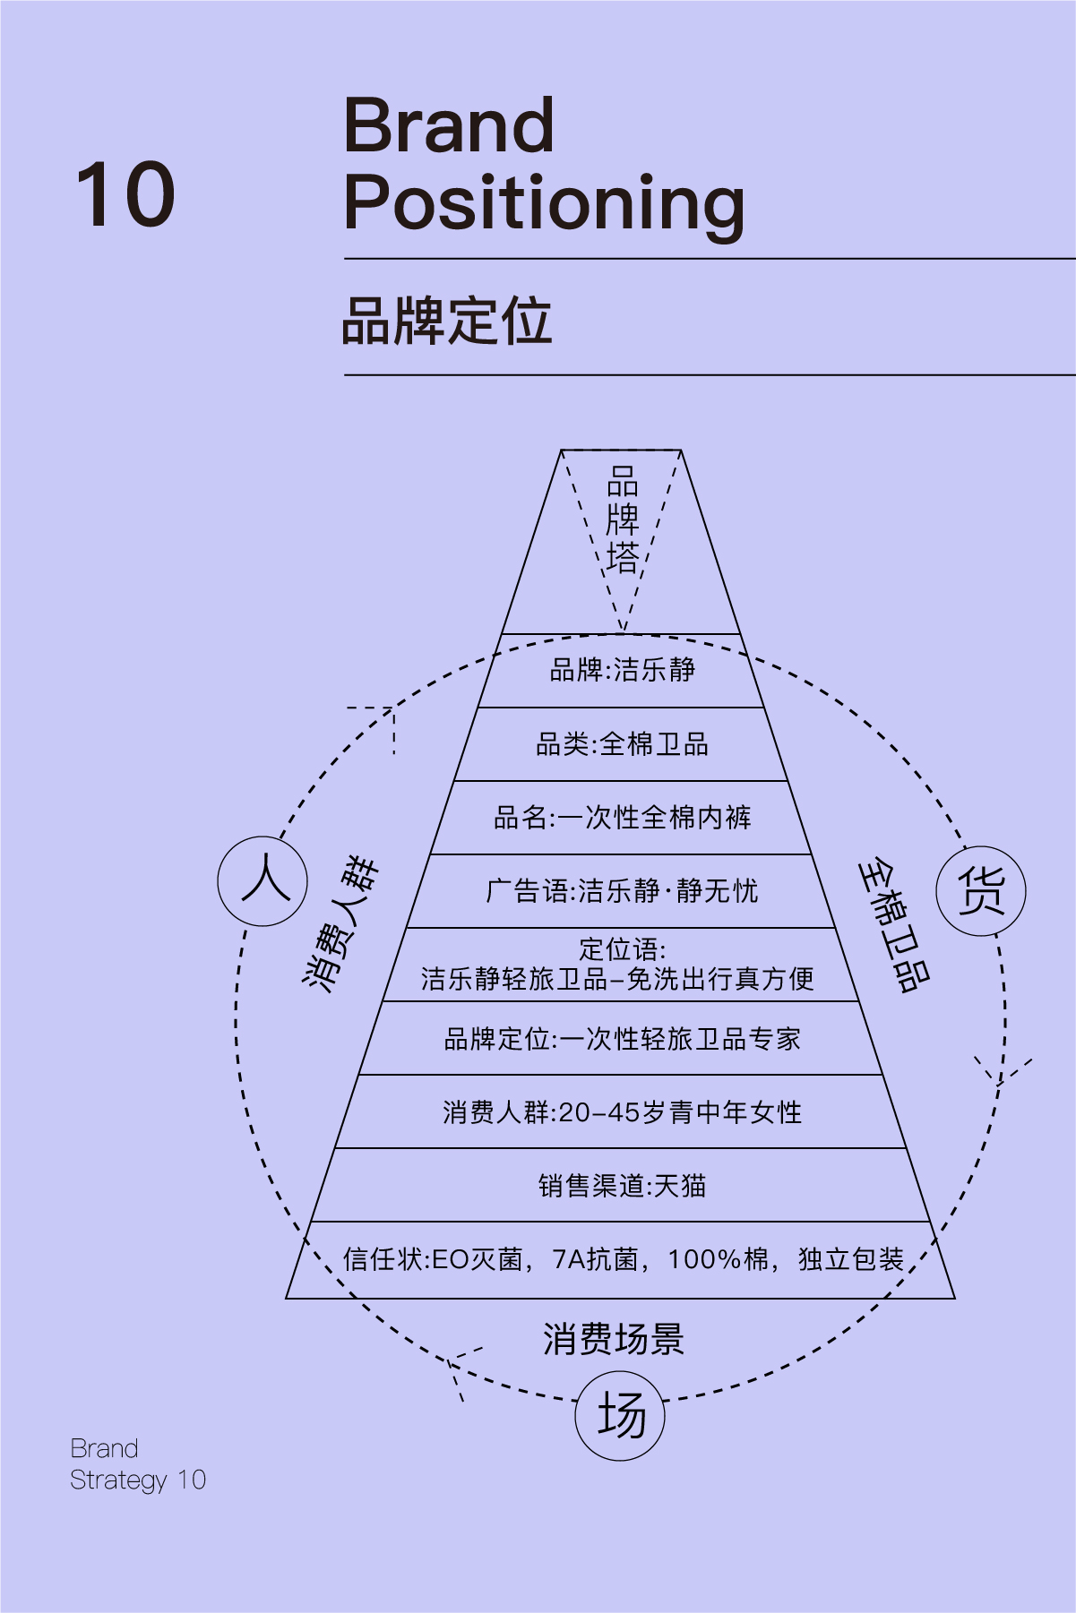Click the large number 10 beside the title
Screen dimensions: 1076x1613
[125, 194]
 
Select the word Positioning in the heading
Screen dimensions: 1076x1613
[544, 205]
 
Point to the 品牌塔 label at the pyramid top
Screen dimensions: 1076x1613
[623, 519]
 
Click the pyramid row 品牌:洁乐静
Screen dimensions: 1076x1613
[622, 670]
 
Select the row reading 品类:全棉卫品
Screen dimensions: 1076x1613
[622, 744]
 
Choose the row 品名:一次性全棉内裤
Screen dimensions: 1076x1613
[622, 818]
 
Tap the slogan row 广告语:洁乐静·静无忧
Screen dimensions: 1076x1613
[622, 891]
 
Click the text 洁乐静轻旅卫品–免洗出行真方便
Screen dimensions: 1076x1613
[617, 979]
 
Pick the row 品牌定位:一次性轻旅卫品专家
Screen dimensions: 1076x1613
[622, 1039]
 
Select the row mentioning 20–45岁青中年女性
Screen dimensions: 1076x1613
[622, 1112]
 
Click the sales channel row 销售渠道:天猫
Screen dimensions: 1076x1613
[622, 1186]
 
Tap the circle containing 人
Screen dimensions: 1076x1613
[263, 881]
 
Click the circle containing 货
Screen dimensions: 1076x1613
[981, 891]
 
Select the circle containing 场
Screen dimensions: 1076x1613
[620, 1416]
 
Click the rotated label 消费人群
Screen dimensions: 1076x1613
[340, 923]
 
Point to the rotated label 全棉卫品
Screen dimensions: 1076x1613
[894, 926]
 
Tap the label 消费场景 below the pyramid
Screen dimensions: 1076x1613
[614, 1340]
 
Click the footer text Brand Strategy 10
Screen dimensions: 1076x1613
[138, 1464]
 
